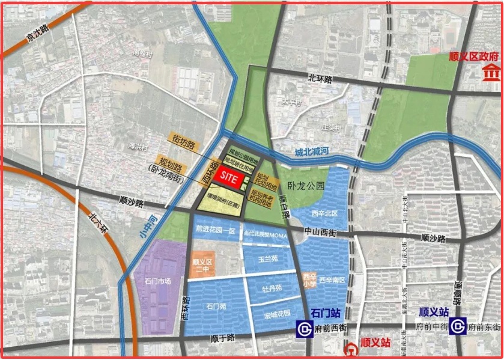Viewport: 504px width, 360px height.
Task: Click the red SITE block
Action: point(229,177)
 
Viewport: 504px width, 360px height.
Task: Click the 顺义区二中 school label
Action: point(203,267)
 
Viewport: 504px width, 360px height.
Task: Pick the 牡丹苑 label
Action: point(271,288)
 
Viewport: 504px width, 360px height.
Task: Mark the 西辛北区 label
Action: point(325,213)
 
